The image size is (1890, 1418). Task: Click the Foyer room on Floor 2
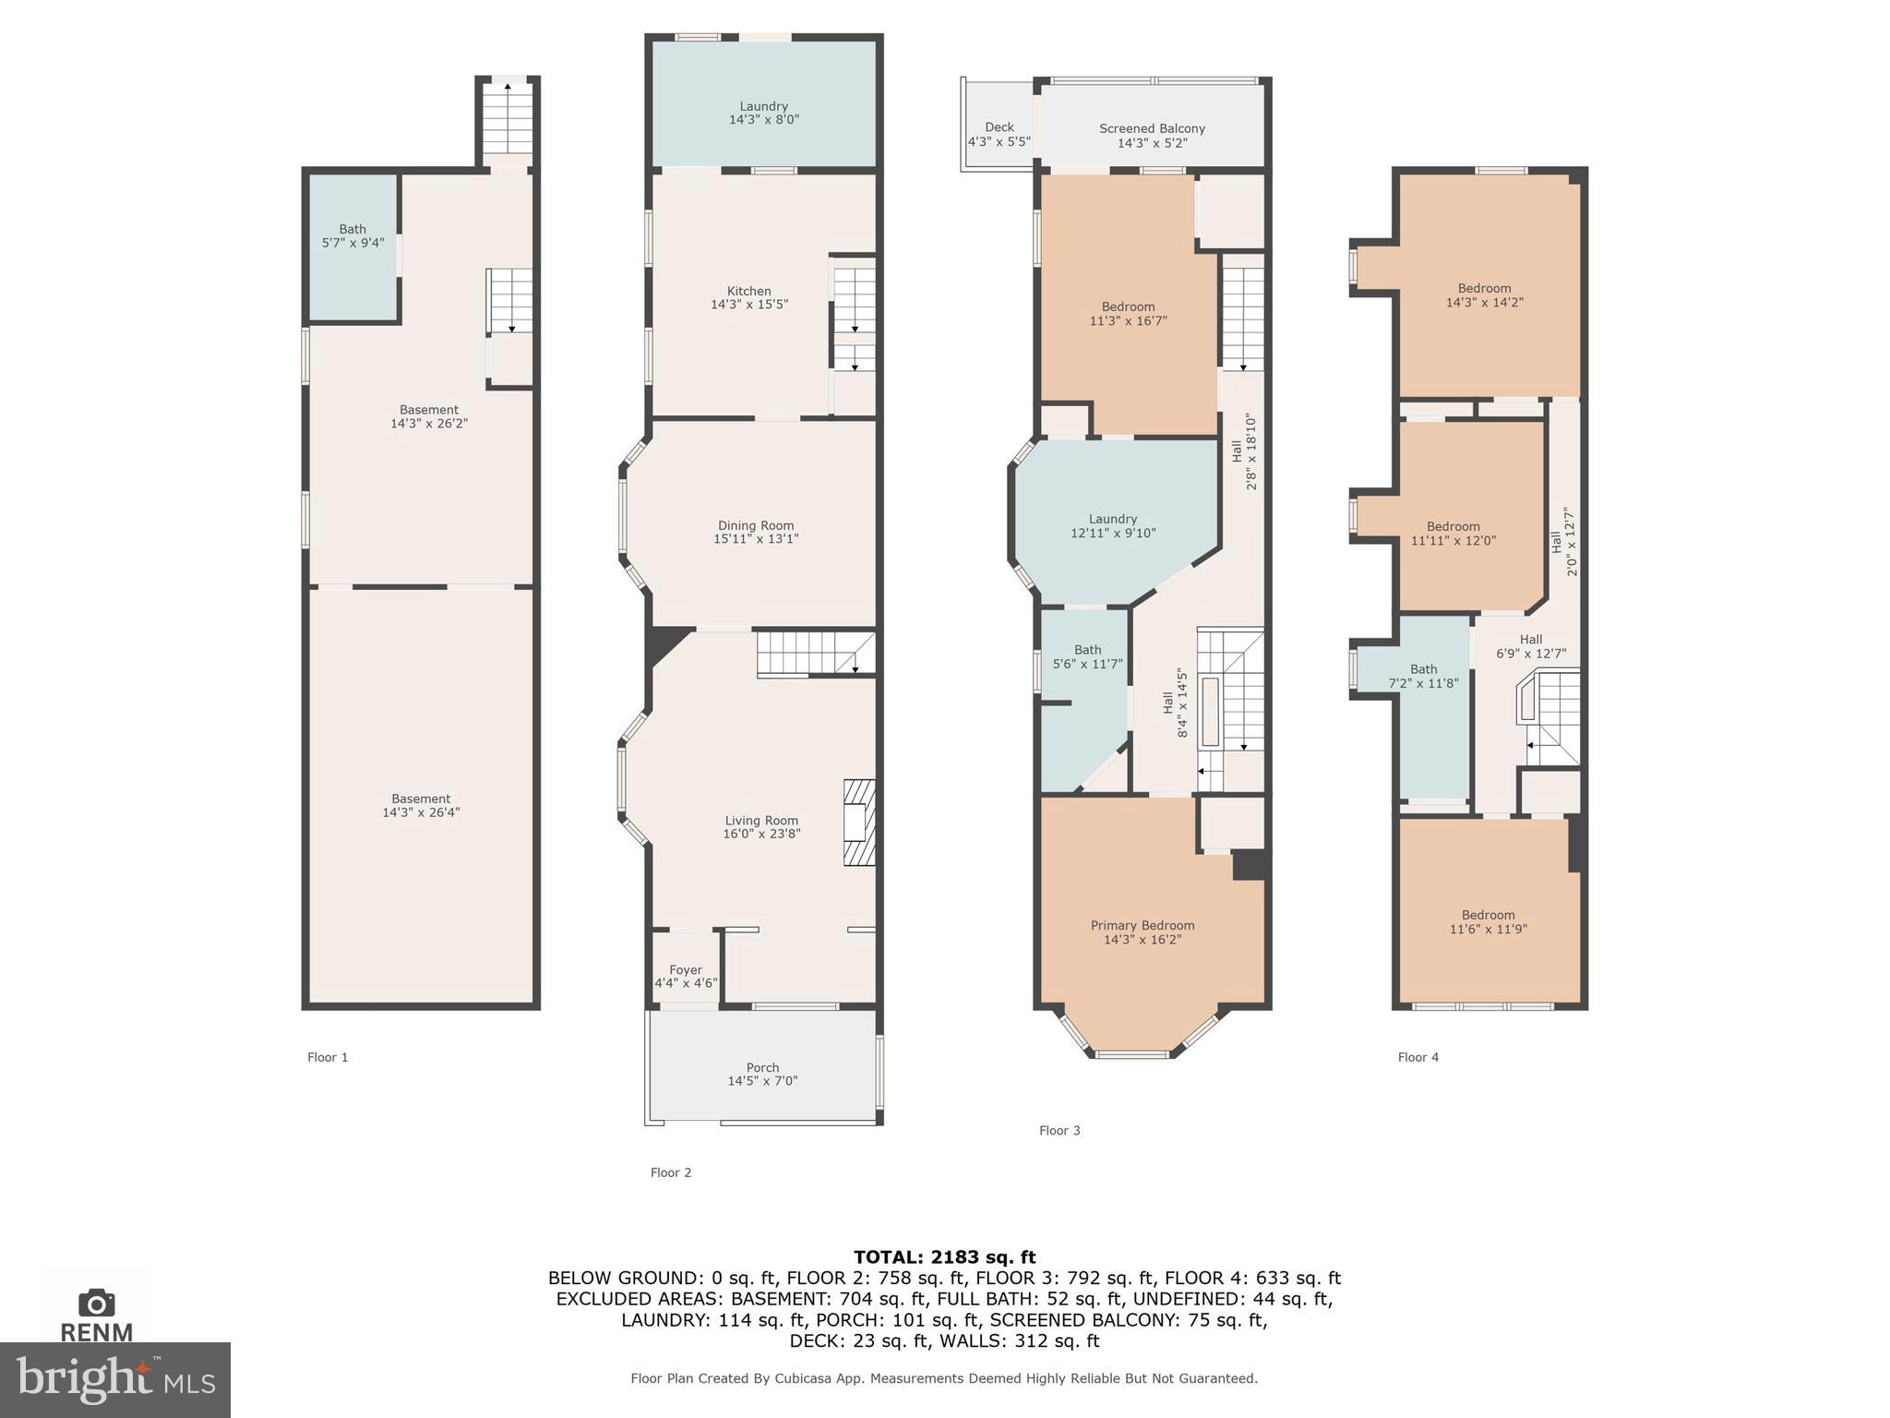(x=686, y=976)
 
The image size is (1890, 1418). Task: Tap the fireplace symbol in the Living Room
(x=859, y=823)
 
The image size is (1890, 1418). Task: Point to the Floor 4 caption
(x=1417, y=1057)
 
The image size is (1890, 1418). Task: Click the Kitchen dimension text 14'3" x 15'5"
(x=748, y=305)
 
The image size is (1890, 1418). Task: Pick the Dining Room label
(x=755, y=525)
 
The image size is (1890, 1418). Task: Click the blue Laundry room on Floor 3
(x=1112, y=526)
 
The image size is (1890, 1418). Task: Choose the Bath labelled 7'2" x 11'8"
(x=1423, y=676)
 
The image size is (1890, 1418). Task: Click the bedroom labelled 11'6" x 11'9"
(x=1488, y=922)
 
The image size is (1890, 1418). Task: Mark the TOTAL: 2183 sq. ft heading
(x=944, y=1256)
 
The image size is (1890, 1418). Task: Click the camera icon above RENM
(x=97, y=1303)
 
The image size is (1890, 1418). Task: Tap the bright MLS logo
(x=114, y=1379)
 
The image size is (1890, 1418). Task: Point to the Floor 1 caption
(x=328, y=1057)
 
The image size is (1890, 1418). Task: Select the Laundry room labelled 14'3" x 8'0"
(x=763, y=113)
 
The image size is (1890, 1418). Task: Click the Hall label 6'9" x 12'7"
(x=1530, y=646)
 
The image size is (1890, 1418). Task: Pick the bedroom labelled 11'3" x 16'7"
(x=1128, y=314)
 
